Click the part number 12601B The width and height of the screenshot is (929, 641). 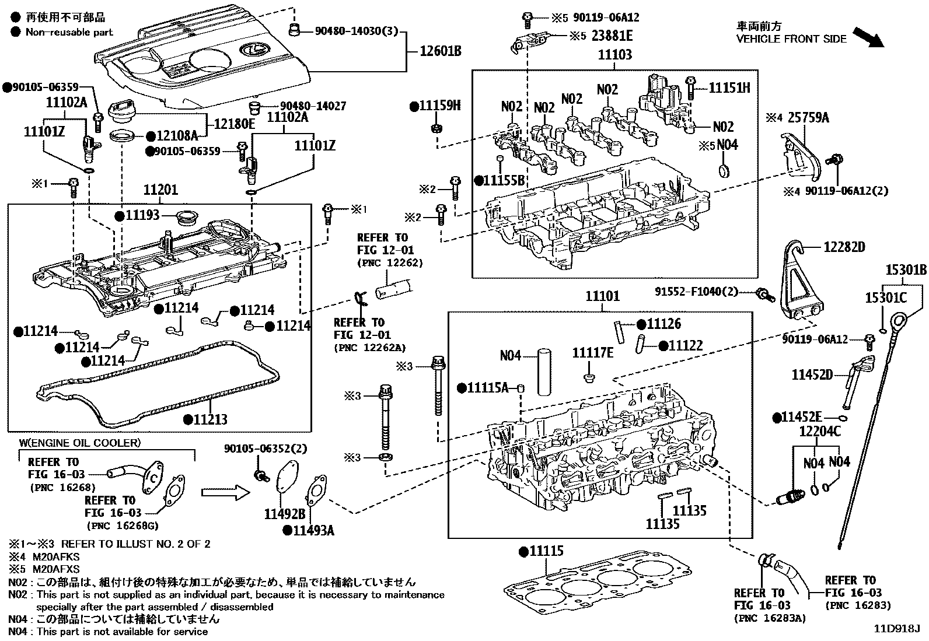[441, 51]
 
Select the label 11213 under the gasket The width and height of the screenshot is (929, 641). [209, 419]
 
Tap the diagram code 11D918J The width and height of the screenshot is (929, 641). [896, 629]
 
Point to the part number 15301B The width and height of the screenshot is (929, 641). [906, 271]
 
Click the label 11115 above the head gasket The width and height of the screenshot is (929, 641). [546, 551]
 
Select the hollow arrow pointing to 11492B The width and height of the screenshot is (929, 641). [225, 493]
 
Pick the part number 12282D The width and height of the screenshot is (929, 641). [844, 247]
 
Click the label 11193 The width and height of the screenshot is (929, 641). [142, 216]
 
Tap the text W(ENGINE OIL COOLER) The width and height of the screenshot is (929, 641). [80, 443]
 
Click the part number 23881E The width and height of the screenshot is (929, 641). [612, 36]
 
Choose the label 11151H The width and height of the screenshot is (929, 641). [729, 88]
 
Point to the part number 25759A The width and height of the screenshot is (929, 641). [808, 118]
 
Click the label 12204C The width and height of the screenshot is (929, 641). [820, 432]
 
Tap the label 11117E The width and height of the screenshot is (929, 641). [592, 353]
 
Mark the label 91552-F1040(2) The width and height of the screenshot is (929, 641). [696, 291]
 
